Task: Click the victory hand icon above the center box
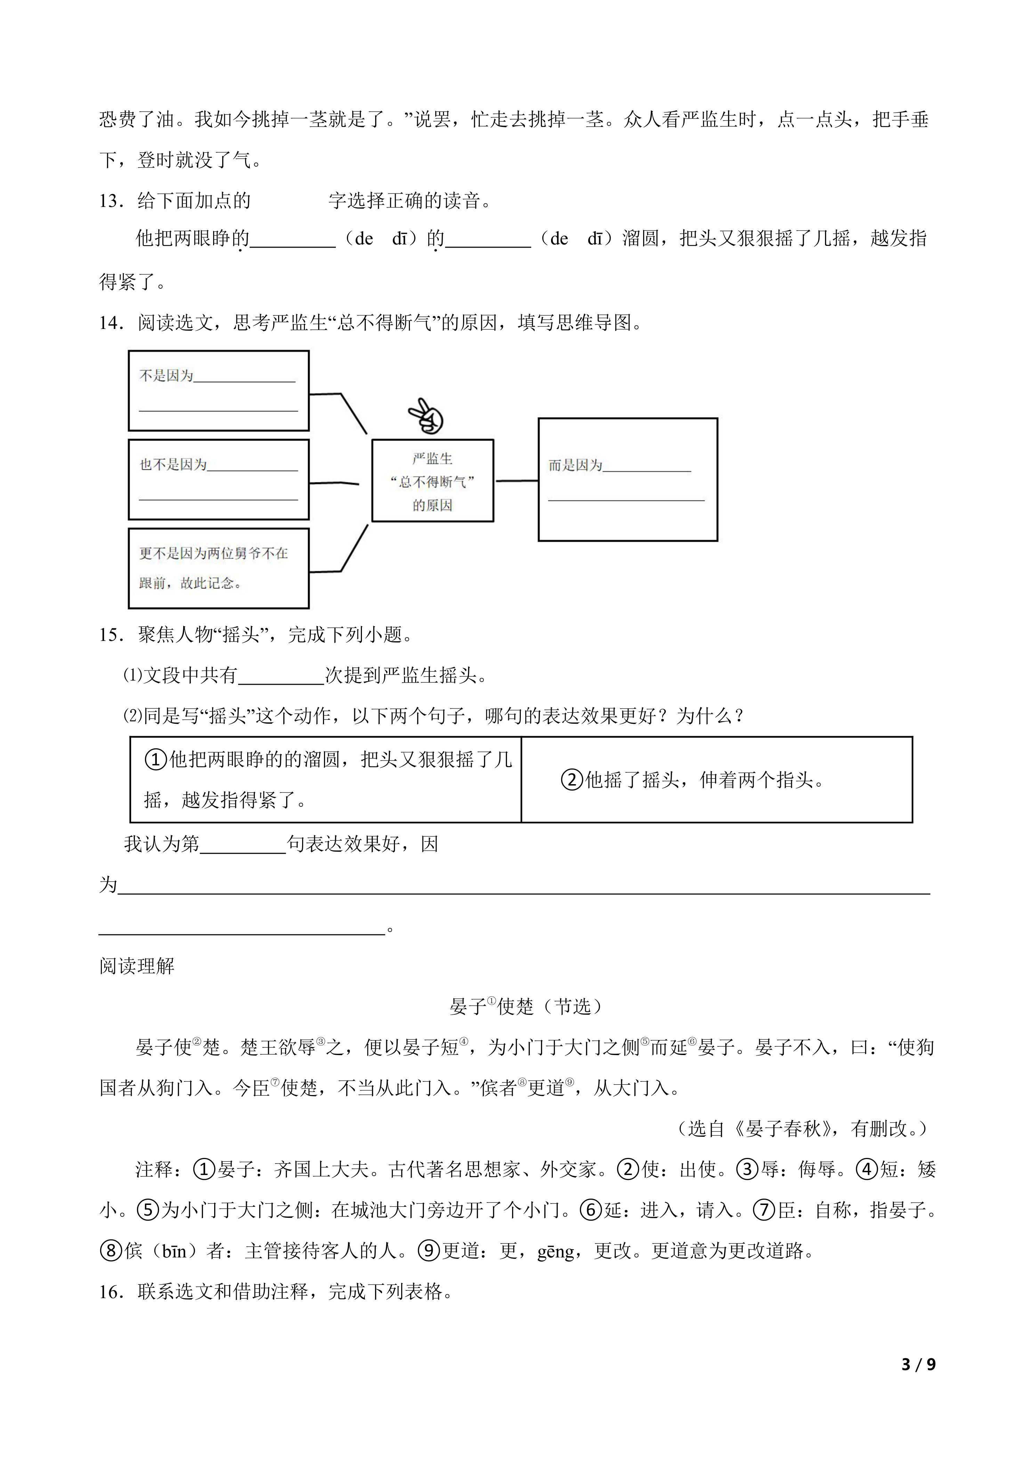point(426,416)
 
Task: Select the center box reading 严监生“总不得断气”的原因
point(433,481)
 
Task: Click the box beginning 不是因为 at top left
point(219,391)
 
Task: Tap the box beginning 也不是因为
point(219,480)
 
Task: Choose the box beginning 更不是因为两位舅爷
point(219,568)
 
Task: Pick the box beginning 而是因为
point(628,480)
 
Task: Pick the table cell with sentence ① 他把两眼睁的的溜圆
point(326,780)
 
